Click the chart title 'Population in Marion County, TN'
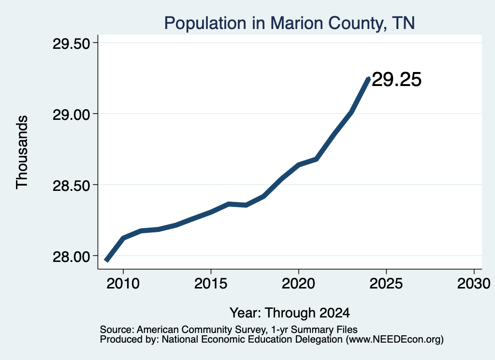tap(289, 23)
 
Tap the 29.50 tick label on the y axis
tap(72, 44)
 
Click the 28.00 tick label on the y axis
tap(72, 257)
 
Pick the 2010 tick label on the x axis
tap(123, 284)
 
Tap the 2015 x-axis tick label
tap(211, 284)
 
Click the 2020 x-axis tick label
tap(298, 284)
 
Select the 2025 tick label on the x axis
tap(386, 284)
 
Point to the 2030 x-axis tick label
tap(474, 284)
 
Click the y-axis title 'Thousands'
tap(22, 152)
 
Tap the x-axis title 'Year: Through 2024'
tap(290, 313)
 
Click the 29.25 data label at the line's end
tap(396, 79)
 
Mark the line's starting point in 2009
tap(107, 260)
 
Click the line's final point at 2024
tap(368, 78)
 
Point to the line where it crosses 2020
tap(298, 164)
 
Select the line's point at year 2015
tap(211, 212)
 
